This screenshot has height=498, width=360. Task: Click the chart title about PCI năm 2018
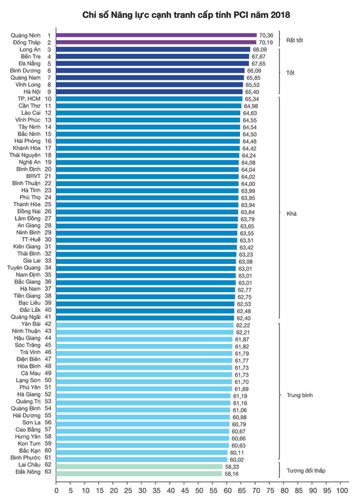tap(180, 13)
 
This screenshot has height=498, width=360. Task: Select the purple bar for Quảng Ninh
tap(156, 36)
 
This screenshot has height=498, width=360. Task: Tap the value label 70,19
tap(266, 43)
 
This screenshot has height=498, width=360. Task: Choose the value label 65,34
tap(252, 98)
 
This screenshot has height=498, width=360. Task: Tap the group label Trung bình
tap(299, 395)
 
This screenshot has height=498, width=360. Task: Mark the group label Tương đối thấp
tap(305, 470)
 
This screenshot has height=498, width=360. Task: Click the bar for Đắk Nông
tap(139, 473)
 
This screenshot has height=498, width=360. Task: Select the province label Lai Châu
tap(30, 466)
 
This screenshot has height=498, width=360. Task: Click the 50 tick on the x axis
tap(199, 490)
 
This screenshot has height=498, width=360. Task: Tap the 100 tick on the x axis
tap(341, 490)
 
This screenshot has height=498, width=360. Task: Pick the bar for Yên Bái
tap(145, 324)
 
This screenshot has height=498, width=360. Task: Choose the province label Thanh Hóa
tap(27, 205)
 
